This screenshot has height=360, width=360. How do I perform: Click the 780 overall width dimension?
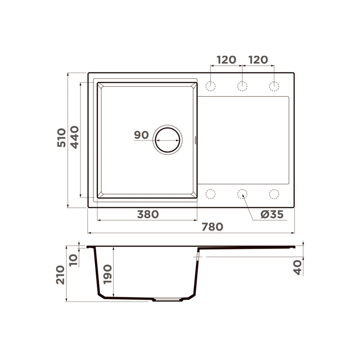[213, 227]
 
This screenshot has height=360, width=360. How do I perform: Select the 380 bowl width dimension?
[148, 215]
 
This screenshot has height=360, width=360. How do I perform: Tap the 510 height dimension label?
[61, 138]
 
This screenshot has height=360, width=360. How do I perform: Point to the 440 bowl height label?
[74, 137]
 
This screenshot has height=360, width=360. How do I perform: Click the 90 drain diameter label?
[141, 135]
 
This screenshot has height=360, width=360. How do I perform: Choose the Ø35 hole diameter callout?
[272, 215]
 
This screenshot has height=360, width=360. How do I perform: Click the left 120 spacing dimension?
[226, 60]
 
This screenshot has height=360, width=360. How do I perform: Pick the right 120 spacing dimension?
[258, 60]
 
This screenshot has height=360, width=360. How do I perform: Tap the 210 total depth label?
[60, 275]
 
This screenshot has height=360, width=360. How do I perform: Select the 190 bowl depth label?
[108, 274]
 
